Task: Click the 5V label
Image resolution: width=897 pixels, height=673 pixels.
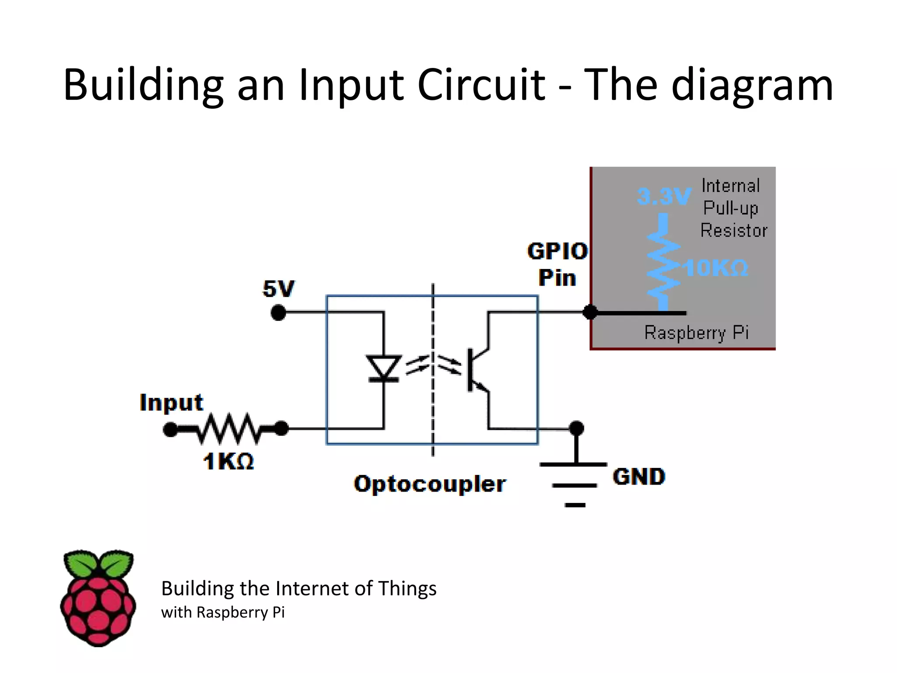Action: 279,289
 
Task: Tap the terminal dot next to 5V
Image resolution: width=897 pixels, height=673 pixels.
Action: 279,313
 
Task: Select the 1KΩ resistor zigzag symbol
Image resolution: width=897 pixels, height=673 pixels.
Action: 229,429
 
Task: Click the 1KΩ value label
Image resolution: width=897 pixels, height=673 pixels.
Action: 228,461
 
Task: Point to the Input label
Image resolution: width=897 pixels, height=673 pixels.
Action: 171,402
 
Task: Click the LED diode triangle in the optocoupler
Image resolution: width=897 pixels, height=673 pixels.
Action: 384,367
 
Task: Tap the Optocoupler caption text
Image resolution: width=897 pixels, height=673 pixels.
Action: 430,484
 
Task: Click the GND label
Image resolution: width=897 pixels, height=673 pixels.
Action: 639,477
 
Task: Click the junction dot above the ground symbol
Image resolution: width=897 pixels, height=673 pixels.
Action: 576,428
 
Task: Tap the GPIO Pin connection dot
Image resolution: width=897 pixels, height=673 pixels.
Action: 590,312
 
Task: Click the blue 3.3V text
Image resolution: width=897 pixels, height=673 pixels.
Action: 664,196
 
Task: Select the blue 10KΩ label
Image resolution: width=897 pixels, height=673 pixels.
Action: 716,268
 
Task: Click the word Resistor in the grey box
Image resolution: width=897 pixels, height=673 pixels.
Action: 734,230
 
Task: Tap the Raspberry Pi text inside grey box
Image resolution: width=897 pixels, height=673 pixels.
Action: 696,333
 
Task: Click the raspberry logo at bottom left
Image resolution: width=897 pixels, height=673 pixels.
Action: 98,598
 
